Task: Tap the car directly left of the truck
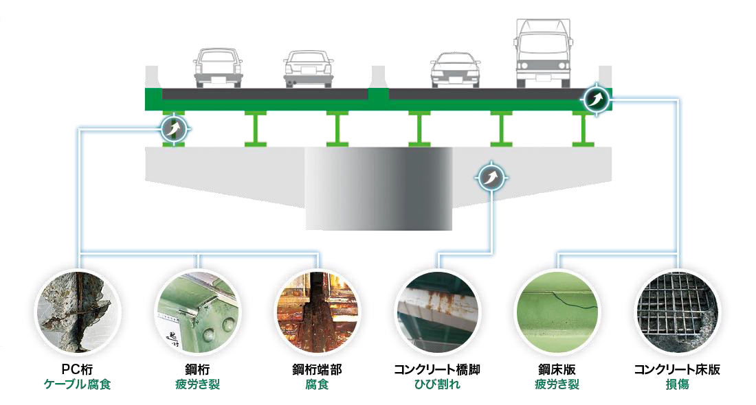pos(456,69)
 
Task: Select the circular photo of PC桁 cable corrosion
pos(79,312)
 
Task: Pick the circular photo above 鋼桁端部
pos(317,312)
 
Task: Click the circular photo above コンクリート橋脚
pos(437,312)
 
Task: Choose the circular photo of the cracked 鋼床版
pos(557,312)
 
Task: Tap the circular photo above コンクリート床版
pos(677,312)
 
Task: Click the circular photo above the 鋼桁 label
pos(198,312)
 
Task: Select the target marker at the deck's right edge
pos(595,100)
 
